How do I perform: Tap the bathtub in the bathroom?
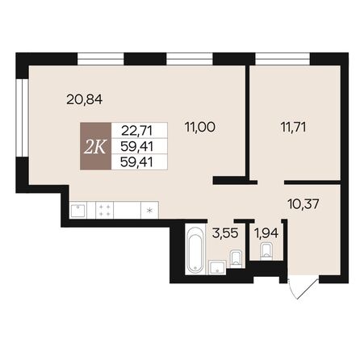[x=194, y=251]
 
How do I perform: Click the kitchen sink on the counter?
[x=79, y=210]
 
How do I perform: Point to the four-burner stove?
[x=105, y=210]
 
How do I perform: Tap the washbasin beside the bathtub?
[x=216, y=266]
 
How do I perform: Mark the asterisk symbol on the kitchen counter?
[x=149, y=211]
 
